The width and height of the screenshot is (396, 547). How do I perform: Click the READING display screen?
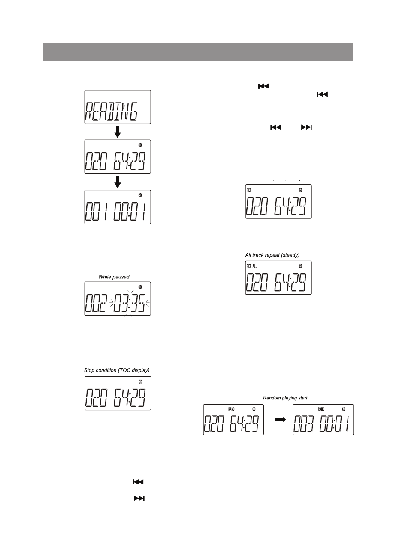pos(118,107)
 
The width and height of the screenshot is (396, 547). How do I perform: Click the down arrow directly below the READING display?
pos(118,132)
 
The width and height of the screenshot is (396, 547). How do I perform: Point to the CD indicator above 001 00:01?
pos(140,194)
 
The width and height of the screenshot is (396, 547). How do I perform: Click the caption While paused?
pos(114,277)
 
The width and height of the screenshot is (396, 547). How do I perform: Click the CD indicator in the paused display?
pos(140,287)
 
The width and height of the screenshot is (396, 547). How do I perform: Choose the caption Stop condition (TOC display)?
pos(117,370)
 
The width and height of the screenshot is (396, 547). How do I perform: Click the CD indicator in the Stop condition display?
pos(140,381)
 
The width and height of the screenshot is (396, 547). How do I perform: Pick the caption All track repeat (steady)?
pos(272,255)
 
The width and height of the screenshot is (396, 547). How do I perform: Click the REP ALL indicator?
pos(252,266)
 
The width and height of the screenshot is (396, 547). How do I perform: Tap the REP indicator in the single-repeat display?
pos(249,189)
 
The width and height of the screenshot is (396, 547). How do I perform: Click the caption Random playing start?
pos(285,398)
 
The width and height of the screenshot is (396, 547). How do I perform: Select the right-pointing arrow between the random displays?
pos(279,421)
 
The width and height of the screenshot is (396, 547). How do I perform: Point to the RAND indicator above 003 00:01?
pos(321,409)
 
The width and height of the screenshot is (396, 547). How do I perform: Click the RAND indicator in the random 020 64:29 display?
pos(231,409)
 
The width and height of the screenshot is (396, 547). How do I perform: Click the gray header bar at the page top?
pos(198,52)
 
